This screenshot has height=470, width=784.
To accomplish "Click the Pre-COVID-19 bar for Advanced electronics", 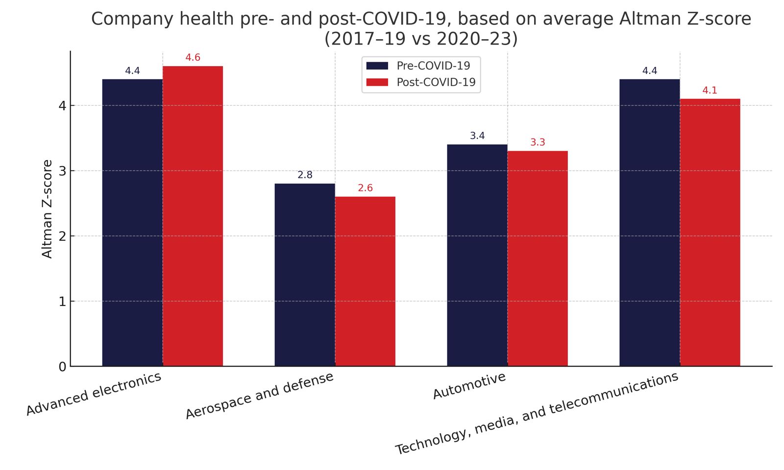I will (x=132, y=223).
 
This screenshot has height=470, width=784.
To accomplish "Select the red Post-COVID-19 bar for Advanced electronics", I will (x=193, y=216).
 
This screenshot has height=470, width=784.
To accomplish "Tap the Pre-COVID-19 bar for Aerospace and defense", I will (x=305, y=275).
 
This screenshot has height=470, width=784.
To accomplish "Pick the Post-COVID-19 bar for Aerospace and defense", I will (x=365, y=282).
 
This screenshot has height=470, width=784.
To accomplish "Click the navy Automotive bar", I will (x=477, y=255).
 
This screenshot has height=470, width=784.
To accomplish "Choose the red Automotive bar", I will (x=538, y=258).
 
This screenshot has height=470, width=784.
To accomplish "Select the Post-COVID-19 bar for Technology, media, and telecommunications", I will (x=710, y=233).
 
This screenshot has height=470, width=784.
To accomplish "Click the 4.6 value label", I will (x=193, y=58).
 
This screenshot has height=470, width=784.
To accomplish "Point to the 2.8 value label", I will (x=305, y=175).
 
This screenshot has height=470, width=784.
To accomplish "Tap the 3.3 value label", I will (x=538, y=142).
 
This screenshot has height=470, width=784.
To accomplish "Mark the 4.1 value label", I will (x=710, y=91).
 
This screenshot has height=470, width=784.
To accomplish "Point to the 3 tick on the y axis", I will (x=62, y=171).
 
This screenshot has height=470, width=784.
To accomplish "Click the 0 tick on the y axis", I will (x=62, y=367).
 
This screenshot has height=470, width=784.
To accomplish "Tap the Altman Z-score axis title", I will (x=48, y=209).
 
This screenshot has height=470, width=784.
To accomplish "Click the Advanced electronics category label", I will (x=94, y=394).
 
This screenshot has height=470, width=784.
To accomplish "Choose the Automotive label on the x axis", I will (x=469, y=386).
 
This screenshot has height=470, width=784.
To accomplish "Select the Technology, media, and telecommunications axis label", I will (x=537, y=414).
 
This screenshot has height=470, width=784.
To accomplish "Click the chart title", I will (x=421, y=28).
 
